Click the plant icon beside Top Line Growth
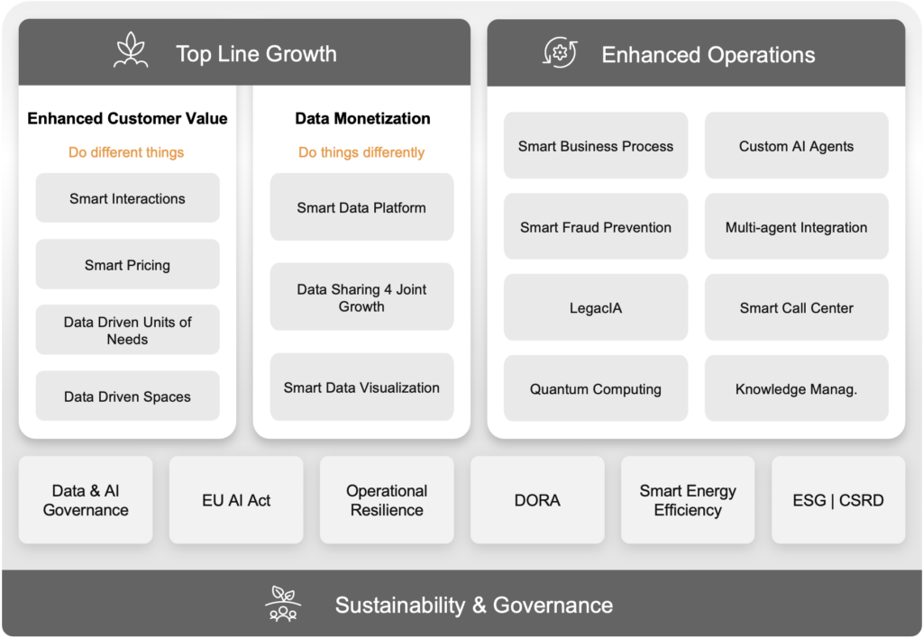[x=131, y=50]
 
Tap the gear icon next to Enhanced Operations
[x=560, y=52]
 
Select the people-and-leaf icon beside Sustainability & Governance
[x=283, y=603]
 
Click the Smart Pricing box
[x=128, y=264]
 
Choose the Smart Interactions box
[x=128, y=197]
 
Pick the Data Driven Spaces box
[x=128, y=396]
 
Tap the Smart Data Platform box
[x=362, y=206]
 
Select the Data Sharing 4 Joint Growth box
[x=362, y=296]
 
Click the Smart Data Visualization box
[x=362, y=387]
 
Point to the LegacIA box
[x=596, y=307]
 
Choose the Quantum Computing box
[x=596, y=387]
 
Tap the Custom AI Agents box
[x=797, y=145]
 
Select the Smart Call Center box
[x=797, y=307]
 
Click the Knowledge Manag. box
[x=797, y=387]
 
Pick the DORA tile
[x=537, y=500]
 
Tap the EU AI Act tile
[x=236, y=500]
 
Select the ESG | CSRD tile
[x=838, y=500]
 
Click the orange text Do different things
[x=126, y=152]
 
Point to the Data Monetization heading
[x=362, y=118]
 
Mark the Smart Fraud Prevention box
[x=596, y=226]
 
